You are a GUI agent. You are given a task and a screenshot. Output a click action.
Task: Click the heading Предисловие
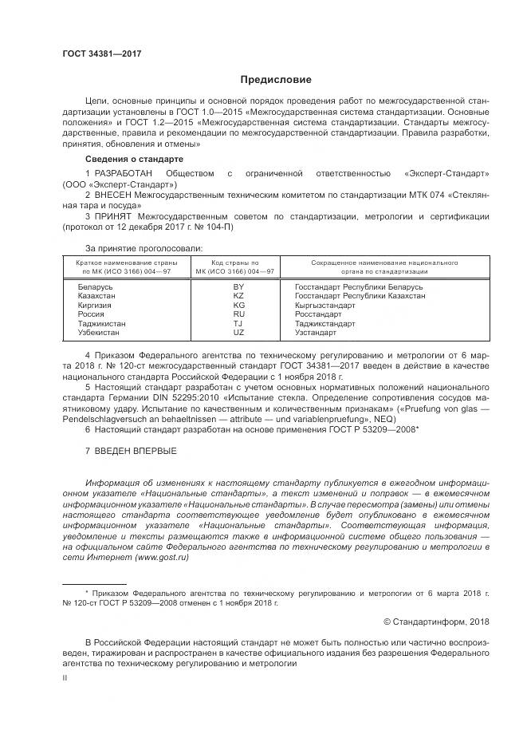tap(276, 80)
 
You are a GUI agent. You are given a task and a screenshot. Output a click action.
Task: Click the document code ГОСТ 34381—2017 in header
tap(101, 54)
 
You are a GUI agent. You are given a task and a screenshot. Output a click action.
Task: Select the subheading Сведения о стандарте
tap(128, 159)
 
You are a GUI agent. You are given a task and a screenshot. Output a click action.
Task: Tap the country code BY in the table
tap(238, 286)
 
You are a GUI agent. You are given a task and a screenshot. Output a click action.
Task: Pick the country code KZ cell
tap(238, 295)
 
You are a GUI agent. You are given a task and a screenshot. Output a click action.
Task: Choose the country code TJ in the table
tap(238, 323)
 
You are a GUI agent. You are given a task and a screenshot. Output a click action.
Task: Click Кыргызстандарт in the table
tap(325, 305)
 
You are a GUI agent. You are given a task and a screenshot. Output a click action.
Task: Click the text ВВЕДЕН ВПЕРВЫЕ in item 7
tap(136, 452)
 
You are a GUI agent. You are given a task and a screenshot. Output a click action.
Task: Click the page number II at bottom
tap(66, 677)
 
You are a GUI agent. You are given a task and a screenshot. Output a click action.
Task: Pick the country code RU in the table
tap(238, 314)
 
